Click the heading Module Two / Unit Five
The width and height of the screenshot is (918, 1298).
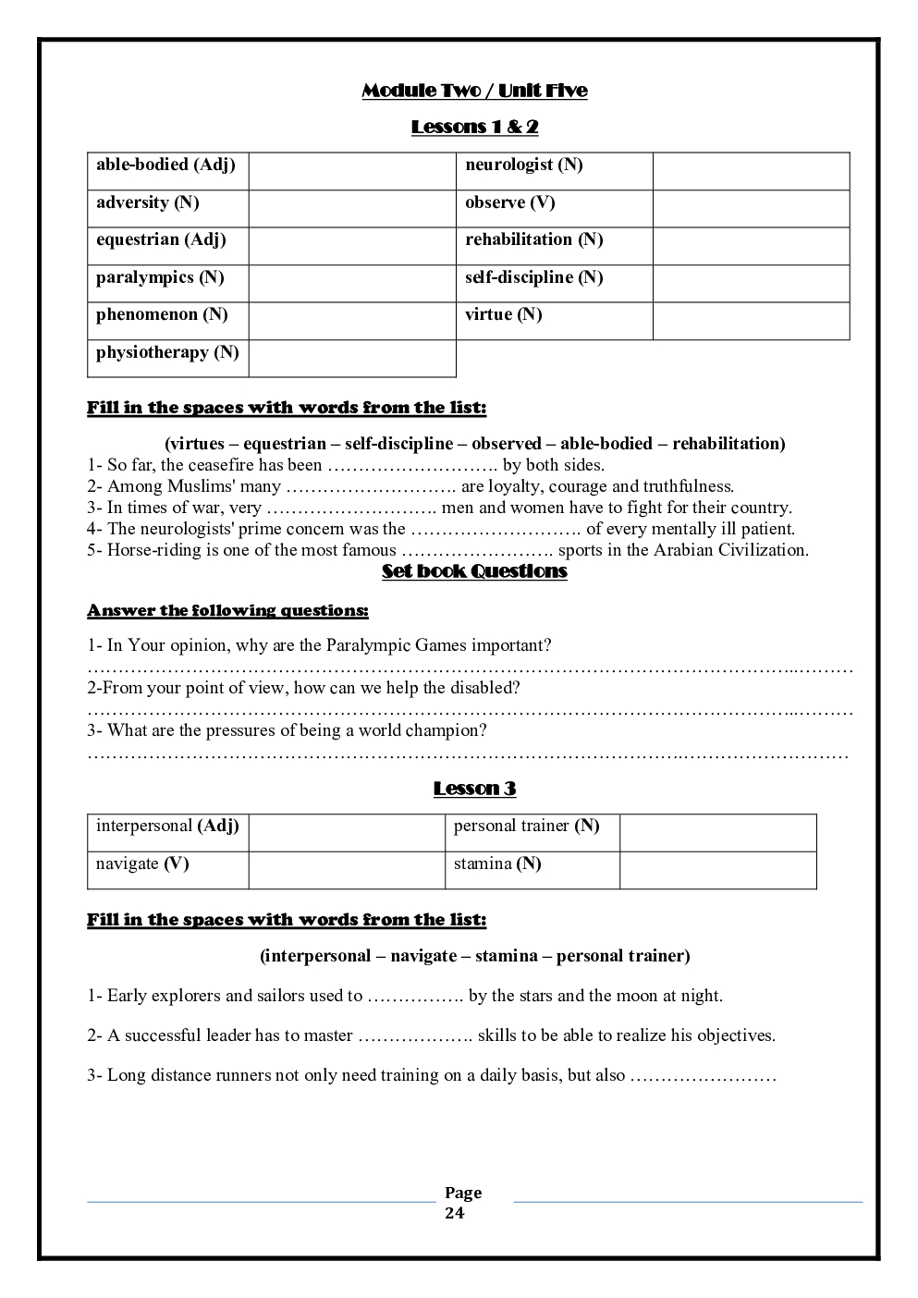[x=474, y=91]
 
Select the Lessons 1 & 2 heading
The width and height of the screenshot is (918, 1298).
[x=474, y=127]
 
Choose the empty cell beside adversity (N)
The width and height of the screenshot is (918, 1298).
[x=352, y=209]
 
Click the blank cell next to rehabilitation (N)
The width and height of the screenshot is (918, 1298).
[x=751, y=246]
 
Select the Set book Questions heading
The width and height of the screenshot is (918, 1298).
[x=474, y=571]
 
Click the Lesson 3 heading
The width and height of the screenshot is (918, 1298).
[x=474, y=789]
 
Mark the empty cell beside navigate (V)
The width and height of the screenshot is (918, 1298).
[x=347, y=870]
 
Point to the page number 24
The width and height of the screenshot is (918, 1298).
[x=455, y=1214]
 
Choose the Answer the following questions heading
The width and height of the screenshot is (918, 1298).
[x=227, y=611]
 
